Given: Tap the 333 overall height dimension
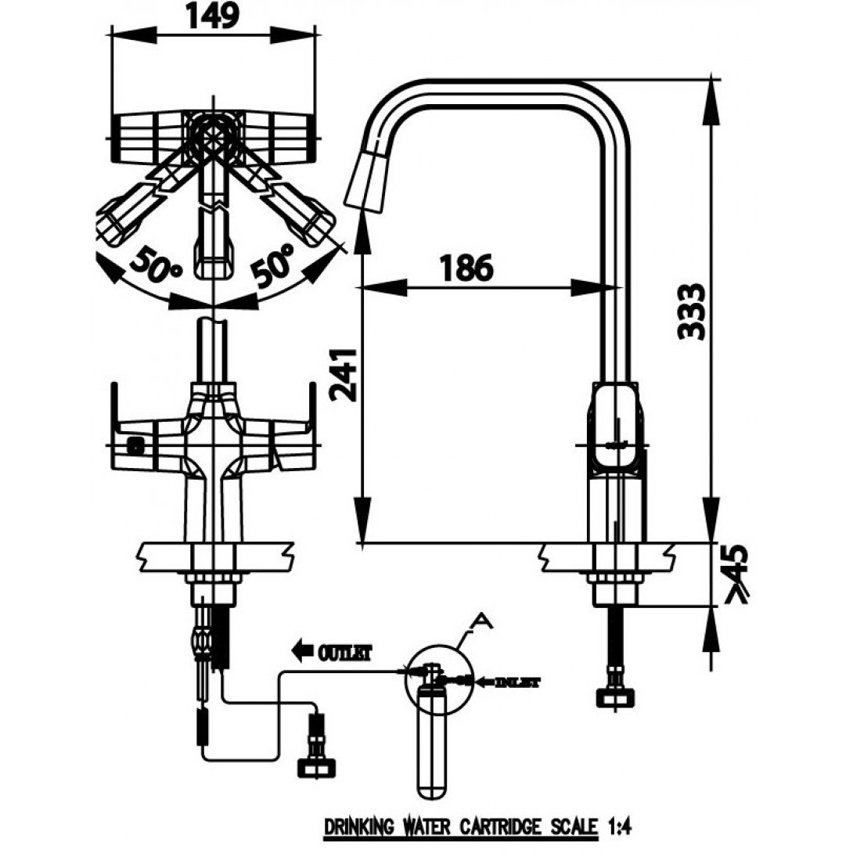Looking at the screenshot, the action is (x=692, y=311).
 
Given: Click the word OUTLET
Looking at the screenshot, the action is (x=344, y=652).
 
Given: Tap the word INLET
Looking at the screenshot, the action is (x=517, y=681).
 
